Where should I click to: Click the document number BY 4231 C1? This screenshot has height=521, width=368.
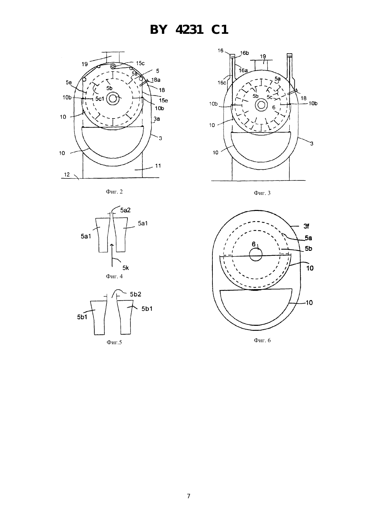pos(189,30)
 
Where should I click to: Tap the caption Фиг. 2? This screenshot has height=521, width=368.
pos(114,192)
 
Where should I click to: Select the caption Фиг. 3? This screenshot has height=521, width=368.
pos(262,193)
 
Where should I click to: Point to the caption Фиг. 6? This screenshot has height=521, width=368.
pos(262,340)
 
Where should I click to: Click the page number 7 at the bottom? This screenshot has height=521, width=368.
pos(189,496)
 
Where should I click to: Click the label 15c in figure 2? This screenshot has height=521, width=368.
pos(140,63)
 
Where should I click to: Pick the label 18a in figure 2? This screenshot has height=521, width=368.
pos(156,80)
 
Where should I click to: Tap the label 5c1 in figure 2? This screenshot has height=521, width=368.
pos(100,99)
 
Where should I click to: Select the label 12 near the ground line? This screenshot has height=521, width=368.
pos(67,174)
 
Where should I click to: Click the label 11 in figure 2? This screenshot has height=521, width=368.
pos(158,166)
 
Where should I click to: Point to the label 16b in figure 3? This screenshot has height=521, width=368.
pos(245,53)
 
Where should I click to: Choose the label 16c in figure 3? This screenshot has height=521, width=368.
pos(221,83)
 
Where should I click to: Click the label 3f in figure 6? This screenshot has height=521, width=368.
pos(306,226)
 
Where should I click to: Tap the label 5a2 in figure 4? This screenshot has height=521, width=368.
pos(125,210)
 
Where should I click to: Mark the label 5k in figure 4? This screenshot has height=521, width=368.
pos(126,268)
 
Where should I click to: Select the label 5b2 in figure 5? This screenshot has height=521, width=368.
pos(135,294)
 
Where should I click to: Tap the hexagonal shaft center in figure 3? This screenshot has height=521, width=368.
pos(261,105)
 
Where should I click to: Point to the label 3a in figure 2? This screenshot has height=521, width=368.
pos(157,119)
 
